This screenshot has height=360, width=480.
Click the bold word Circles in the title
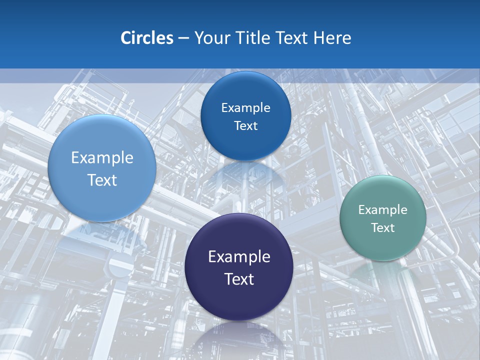point(147,38)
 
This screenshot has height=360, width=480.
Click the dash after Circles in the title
point(183,38)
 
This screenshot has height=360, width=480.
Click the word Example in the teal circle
point(383,210)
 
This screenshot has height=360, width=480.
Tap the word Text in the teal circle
point(383,228)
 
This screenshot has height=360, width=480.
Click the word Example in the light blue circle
point(102,158)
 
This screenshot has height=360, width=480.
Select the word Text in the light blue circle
point(102,180)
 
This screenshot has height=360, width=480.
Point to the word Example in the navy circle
point(239,257)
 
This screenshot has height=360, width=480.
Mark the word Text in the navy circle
point(239,279)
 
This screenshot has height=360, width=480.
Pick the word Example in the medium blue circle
point(245,108)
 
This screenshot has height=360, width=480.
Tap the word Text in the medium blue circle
point(245,126)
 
